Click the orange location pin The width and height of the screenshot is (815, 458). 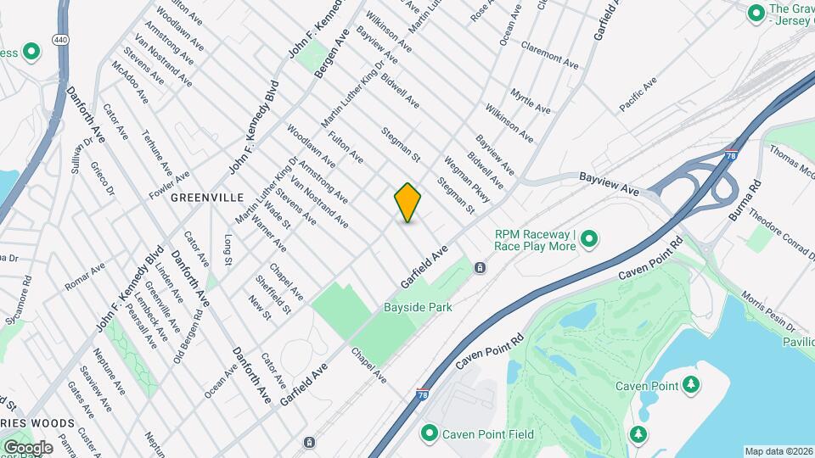(x=408, y=202)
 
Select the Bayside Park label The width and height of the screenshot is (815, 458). (x=417, y=307)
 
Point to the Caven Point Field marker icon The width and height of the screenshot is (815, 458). (x=430, y=434)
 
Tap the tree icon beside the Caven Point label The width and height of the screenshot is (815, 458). (x=691, y=386)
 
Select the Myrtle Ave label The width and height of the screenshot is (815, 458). (x=531, y=100)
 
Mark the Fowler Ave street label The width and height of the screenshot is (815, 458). (x=169, y=182)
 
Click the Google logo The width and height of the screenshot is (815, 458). (x=28, y=447)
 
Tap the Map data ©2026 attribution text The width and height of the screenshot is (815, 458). (x=778, y=451)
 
